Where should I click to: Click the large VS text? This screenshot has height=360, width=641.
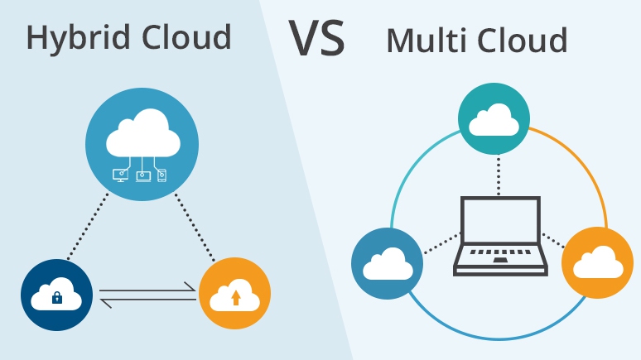coord(316,37)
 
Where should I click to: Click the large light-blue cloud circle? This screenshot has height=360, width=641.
coord(142,141)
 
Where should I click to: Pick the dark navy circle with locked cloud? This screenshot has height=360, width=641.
coord(55,294)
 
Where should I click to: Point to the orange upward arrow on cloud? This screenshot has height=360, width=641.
coord(235,296)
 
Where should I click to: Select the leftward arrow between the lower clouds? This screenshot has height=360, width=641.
coord(147,302)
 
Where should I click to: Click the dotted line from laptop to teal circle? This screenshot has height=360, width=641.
coord(497,175)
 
